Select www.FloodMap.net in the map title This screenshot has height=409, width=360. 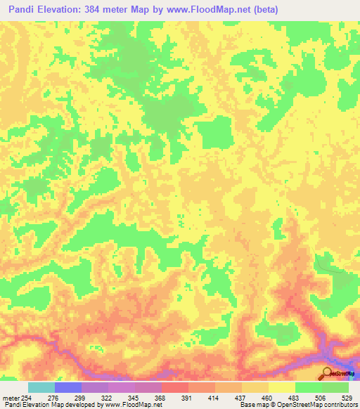[210, 10]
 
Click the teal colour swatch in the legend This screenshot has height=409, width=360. [41, 387]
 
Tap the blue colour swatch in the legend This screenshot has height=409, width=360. [68, 387]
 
